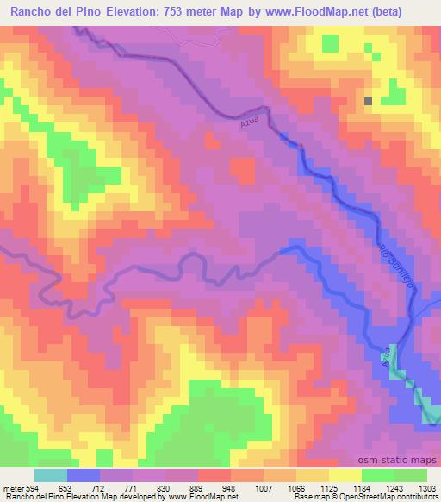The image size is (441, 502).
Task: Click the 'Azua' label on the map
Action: click(x=249, y=125)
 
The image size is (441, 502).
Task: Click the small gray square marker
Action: click(x=369, y=101)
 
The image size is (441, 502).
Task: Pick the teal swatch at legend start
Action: click(x=51, y=475)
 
